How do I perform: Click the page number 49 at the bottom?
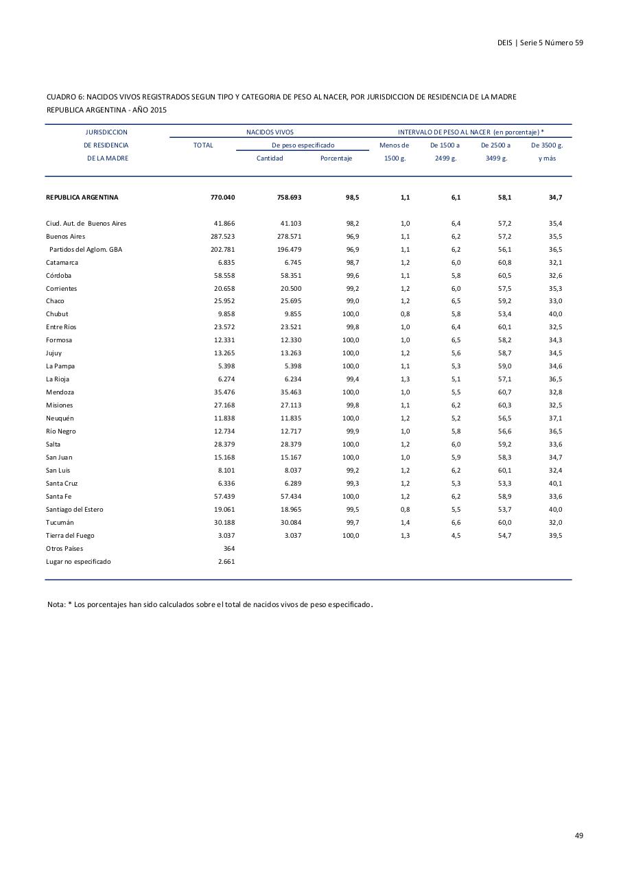pos(578,835)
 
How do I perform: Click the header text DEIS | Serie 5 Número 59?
pos(540,43)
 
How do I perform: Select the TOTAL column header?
pos(203,145)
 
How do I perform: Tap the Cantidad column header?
pos(270,158)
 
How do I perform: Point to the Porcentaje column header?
pos(336,158)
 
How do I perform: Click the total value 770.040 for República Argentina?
pos(222,198)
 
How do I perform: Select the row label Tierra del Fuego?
pos(70,536)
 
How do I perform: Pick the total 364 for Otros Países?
pos(229,549)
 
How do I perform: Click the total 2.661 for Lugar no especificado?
pos(226,562)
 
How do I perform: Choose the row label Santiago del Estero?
pos(75,510)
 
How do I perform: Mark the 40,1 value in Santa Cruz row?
pos(555,484)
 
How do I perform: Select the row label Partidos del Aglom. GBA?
pos(85,250)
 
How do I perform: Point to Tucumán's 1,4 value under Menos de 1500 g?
pos(405,523)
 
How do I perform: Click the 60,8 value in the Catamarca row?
pos(504,263)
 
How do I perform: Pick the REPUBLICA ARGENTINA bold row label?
pos(82,198)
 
